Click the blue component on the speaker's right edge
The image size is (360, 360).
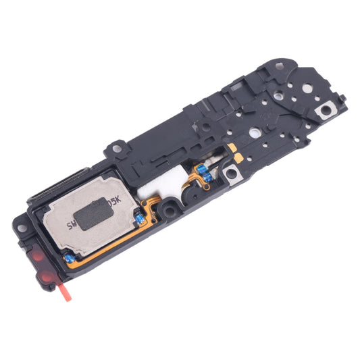139,218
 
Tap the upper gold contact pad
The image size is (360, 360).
234,146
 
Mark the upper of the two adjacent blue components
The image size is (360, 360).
201,168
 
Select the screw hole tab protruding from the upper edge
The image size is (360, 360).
117,145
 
